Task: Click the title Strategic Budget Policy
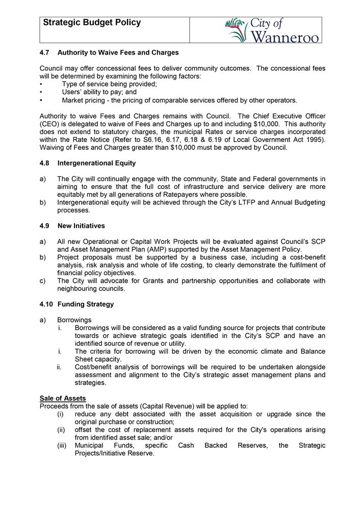pyautogui.click(x=92, y=23)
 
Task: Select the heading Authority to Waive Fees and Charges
pyautogui.click(x=118, y=52)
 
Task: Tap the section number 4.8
pyautogui.click(x=45, y=164)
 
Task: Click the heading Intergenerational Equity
pyautogui.click(x=96, y=164)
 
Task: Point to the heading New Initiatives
pyautogui.click(x=81, y=225)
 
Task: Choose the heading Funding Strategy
pyautogui.click(x=86, y=304)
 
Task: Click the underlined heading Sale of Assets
pyautogui.click(x=63, y=398)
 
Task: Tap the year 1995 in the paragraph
pyautogui.click(x=316, y=140)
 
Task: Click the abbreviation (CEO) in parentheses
pyautogui.click(x=49, y=124)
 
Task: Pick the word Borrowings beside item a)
pyautogui.click(x=74, y=320)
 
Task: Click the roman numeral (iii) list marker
pyautogui.click(x=62, y=445)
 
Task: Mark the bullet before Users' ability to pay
pyautogui.click(x=41, y=92)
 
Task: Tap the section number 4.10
pyautogui.click(x=46, y=304)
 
